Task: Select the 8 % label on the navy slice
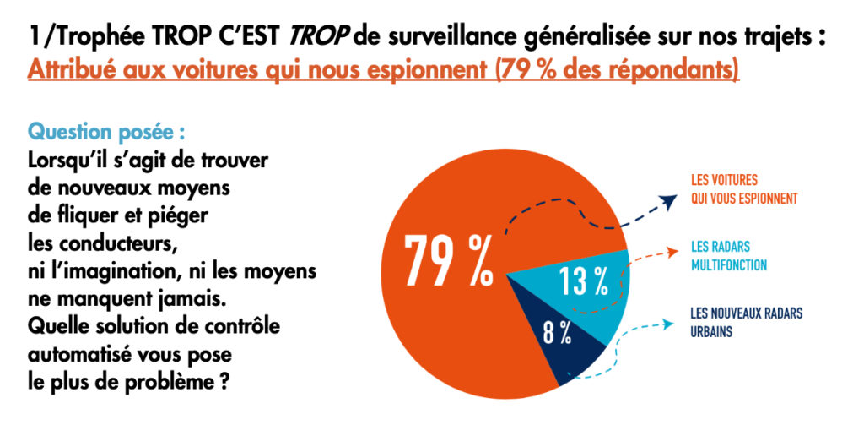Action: click(x=557, y=332)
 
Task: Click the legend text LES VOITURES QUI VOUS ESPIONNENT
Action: click(x=743, y=190)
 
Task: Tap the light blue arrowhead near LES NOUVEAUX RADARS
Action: click(x=672, y=322)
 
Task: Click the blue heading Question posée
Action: click(x=106, y=133)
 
